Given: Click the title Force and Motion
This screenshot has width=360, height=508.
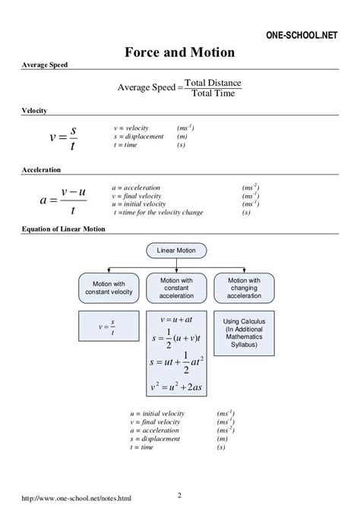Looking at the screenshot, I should point(179,52).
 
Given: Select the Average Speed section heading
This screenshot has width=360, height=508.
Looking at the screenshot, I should point(45,65).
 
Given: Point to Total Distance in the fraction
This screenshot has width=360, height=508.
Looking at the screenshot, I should point(213,82).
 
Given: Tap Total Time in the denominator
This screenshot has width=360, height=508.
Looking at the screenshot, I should point(213,93).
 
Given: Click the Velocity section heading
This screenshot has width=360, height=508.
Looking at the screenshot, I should point(34,110).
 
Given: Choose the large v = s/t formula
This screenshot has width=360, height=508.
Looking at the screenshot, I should point(62,137).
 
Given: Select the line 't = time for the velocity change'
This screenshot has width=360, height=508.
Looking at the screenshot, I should point(158,213).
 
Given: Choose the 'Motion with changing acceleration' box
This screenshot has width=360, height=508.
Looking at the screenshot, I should point(244,288).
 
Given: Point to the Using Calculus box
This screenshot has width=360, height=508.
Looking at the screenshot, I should point(244,333).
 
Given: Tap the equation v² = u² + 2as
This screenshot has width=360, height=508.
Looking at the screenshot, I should point(175,387).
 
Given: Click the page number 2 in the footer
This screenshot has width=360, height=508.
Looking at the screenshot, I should point(179,495).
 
